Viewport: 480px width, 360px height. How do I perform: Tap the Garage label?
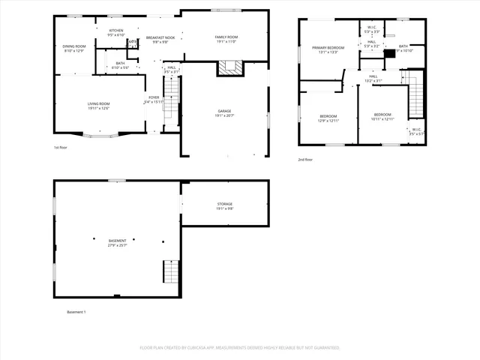(x=224, y=112)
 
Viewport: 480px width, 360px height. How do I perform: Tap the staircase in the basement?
(x=172, y=271)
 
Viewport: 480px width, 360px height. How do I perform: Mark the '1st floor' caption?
(x=61, y=148)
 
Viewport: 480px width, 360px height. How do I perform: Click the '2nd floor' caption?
(x=305, y=160)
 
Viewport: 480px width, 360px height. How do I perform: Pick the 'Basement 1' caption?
(x=76, y=312)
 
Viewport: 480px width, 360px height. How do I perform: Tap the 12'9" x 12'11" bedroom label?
(x=328, y=118)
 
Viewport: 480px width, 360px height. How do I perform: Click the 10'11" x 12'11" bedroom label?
(x=382, y=116)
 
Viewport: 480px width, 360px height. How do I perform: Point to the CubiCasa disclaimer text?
(x=240, y=348)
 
